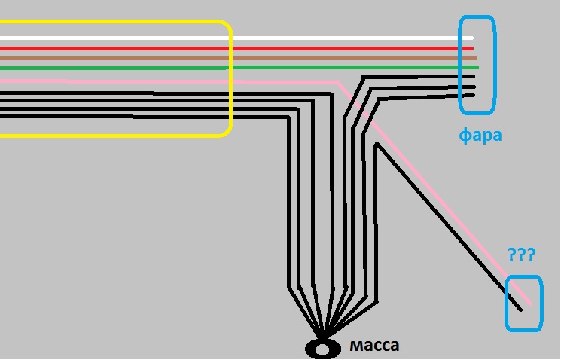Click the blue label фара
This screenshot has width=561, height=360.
tap(480, 136)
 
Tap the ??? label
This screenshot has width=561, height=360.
tap(520, 255)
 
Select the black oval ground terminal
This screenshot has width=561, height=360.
tap(322, 349)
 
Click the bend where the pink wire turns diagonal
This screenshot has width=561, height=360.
tap(336, 81)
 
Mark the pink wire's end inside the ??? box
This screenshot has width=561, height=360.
tap(530, 304)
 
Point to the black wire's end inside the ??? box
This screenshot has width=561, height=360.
tap(520, 310)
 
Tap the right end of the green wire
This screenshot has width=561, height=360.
tap(477, 67)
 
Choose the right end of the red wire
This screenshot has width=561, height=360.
tap(471, 48)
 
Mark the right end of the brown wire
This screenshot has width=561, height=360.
tap(476, 58)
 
